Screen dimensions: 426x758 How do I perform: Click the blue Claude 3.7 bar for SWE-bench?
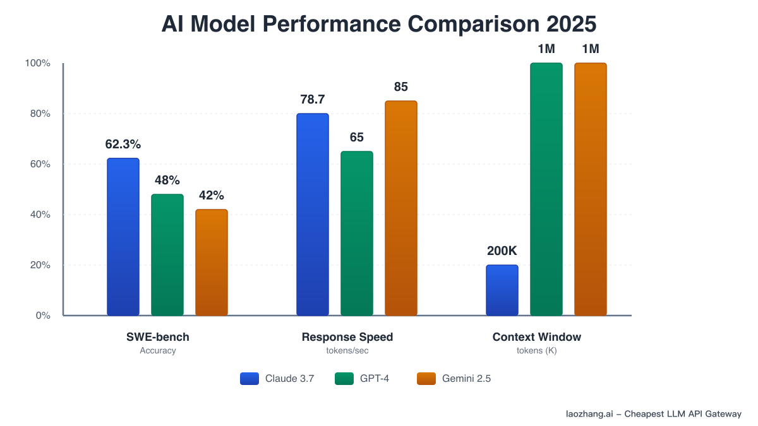(x=123, y=237)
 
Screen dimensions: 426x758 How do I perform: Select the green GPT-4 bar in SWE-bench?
(x=167, y=255)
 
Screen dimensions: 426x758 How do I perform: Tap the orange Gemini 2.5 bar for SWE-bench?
(x=212, y=263)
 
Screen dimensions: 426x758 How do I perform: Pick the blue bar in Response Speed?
(x=313, y=215)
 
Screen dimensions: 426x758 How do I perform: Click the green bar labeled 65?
(x=357, y=234)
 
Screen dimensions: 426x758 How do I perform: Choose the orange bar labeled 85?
(x=401, y=208)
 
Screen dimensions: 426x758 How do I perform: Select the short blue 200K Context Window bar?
(x=502, y=290)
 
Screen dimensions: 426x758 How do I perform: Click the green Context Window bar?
(x=546, y=189)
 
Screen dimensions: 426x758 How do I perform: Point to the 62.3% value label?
(x=123, y=144)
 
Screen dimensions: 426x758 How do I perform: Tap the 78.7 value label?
(x=312, y=100)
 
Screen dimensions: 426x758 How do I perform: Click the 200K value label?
(x=502, y=251)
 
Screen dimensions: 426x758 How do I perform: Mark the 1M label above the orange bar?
(x=590, y=49)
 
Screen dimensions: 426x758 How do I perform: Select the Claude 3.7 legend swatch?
(x=250, y=379)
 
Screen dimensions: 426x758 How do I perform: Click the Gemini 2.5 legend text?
(x=467, y=379)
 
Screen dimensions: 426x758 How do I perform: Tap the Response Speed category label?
(x=347, y=337)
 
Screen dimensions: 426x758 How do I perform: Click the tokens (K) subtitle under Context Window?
(x=537, y=351)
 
